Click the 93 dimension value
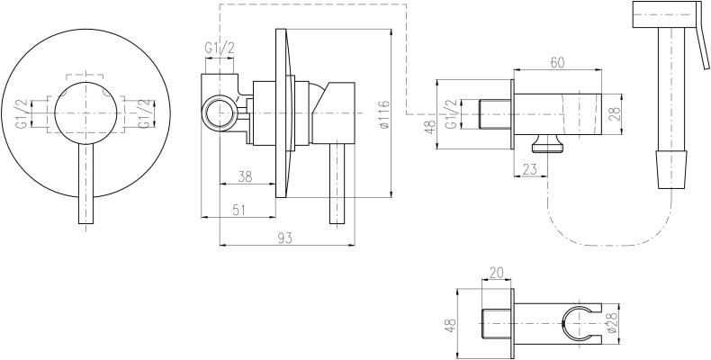click(x=285, y=238)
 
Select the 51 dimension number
click(x=238, y=210)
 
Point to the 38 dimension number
click(x=245, y=176)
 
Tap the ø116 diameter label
click(x=383, y=113)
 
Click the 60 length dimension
click(x=557, y=63)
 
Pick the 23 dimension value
click(x=529, y=169)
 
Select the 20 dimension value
click(x=497, y=273)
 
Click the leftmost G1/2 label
click(x=23, y=113)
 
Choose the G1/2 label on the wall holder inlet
click(x=450, y=114)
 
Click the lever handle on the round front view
click(x=86, y=184)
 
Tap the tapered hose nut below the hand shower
click(x=672, y=169)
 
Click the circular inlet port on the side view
click(x=220, y=111)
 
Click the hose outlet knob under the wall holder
click(x=549, y=144)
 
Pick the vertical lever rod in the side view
click(x=337, y=184)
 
